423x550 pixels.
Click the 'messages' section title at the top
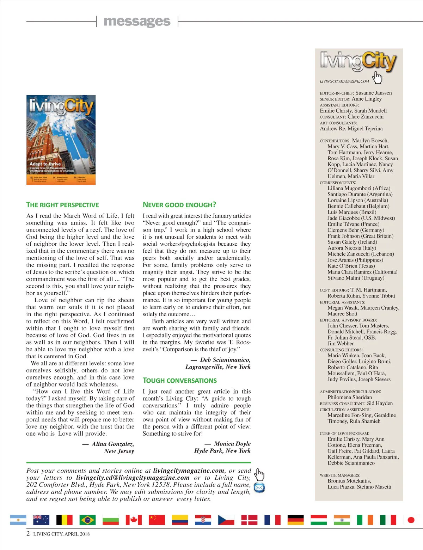click(x=137, y=22)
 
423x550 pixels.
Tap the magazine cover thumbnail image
click(x=61, y=140)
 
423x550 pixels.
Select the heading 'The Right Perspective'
click(x=62, y=205)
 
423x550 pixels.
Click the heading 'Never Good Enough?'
click(x=179, y=205)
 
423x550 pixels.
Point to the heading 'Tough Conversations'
click(x=179, y=381)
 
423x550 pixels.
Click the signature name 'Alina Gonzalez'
click(x=112, y=444)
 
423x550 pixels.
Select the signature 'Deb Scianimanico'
click(x=225, y=360)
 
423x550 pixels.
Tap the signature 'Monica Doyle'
click(x=232, y=444)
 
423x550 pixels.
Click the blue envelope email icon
click(x=259, y=488)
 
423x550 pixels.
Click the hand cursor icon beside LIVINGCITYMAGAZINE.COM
click(x=377, y=77)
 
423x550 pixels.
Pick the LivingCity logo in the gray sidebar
click(x=358, y=61)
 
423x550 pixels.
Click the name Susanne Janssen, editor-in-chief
click(x=373, y=93)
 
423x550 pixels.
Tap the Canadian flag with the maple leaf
click(x=134, y=520)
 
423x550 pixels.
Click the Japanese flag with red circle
click(x=411, y=520)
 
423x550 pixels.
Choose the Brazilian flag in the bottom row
click(x=87, y=520)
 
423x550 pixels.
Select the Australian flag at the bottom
click(x=41, y=520)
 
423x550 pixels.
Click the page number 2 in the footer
click(x=28, y=533)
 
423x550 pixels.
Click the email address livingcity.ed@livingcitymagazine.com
click(x=133, y=478)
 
